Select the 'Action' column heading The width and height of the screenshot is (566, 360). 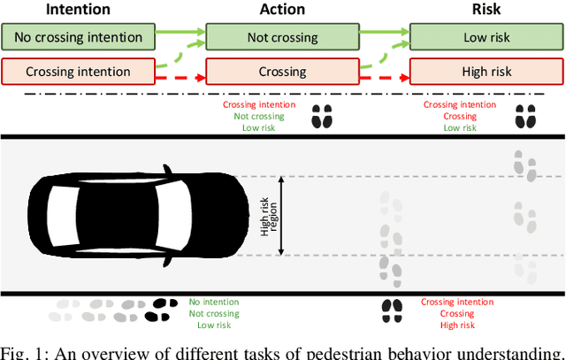coord(282,10)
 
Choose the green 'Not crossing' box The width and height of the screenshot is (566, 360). coord(282,37)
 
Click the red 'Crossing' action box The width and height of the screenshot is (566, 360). coord(282,71)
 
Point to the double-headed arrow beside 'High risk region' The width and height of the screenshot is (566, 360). coord(281,215)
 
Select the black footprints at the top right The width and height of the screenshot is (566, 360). coord(525,115)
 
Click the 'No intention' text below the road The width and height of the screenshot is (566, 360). coord(214,302)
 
